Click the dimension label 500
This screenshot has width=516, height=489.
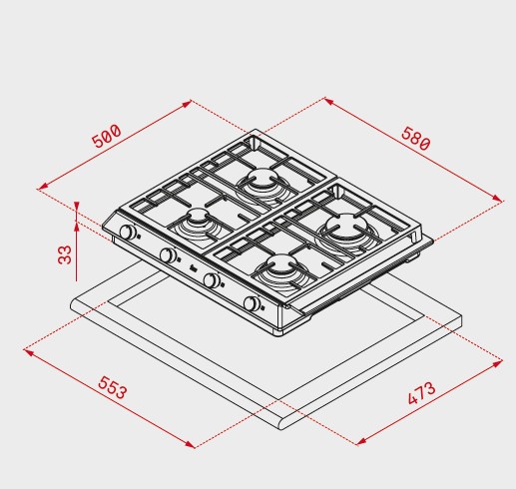[x=107, y=136]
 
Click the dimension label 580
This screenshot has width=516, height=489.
[x=416, y=139]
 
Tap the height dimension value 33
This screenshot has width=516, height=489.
[x=65, y=254]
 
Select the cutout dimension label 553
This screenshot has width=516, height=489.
[x=113, y=387]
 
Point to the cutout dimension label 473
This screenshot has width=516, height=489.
[x=421, y=393]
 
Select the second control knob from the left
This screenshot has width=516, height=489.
[x=168, y=255]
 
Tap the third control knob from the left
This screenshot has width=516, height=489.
[x=211, y=279]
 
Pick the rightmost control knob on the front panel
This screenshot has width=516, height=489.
[x=252, y=303]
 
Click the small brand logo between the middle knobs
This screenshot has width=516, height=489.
[x=193, y=267]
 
